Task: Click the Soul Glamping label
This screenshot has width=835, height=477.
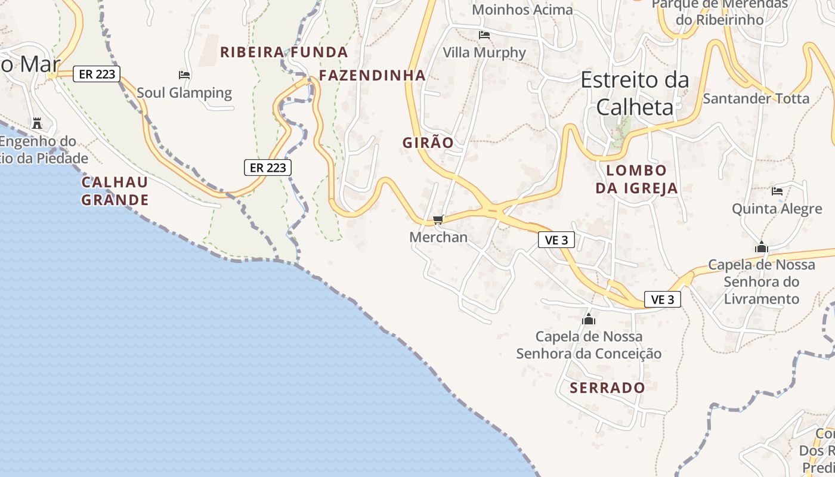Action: pyautogui.click(x=184, y=92)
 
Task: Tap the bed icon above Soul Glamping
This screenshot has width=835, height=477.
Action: pyautogui.click(x=184, y=75)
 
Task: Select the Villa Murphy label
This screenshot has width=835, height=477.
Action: pyautogui.click(x=484, y=52)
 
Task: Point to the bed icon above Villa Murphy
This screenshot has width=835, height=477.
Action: pyautogui.click(x=484, y=35)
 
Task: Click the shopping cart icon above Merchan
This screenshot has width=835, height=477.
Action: pyautogui.click(x=438, y=220)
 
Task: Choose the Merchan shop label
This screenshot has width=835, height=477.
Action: pyautogui.click(x=438, y=237)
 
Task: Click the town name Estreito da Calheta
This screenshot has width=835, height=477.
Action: pyautogui.click(x=635, y=93)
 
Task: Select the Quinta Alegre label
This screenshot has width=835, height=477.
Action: pyautogui.click(x=777, y=209)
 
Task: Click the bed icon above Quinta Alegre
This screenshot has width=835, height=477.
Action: pyautogui.click(x=777, y=191)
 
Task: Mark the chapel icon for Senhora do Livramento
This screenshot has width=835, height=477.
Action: pyautogui.click(x=762, y=247)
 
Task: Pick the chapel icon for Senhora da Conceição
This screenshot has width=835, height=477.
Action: pyautogui.click(x=589, y=319)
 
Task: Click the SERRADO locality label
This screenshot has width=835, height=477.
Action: pyautogui.click(x=607, y=388)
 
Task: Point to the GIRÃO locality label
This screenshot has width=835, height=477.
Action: pyautogui.click(x=428, y=143)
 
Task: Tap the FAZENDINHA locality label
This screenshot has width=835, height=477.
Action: pyautogui.click(x=372, y=75)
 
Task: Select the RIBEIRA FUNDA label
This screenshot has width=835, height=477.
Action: pyautogui.click(x=284, y=52)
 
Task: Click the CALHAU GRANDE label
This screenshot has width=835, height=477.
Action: pyautogui.click(x=115, y=191)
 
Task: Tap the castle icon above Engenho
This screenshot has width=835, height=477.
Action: pyautogui.click(x=37, y=123)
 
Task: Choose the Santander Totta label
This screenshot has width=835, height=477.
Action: pyautogui.click(x=756, y=98)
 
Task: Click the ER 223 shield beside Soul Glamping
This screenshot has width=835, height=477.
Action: pyautogui.click(x=97, y=74)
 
